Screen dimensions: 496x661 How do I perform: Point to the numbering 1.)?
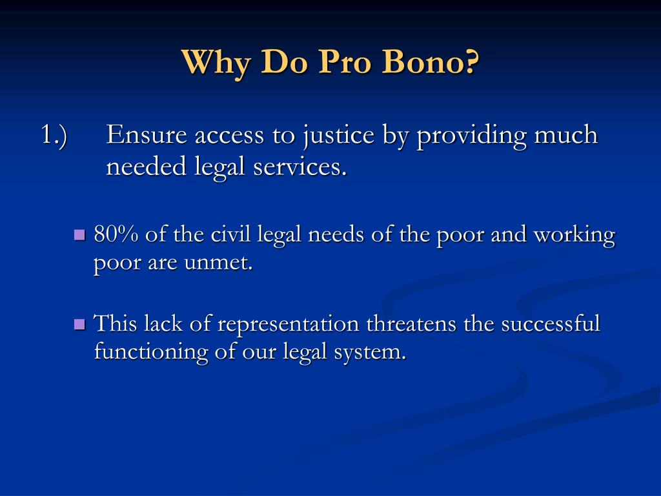pyautogui.click(x=54, y=136)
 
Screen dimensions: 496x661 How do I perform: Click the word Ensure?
pyautogui.click(x=147, y=136)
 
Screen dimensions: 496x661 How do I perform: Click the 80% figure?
pyautogui.click(x=116, y=234)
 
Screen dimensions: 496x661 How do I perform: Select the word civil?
pyautogui.click(x=232, y=234)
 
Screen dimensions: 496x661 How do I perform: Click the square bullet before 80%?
pyautogui.click(x=80, y=235)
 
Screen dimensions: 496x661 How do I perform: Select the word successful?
pyautogui.click(x=551, y=323)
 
